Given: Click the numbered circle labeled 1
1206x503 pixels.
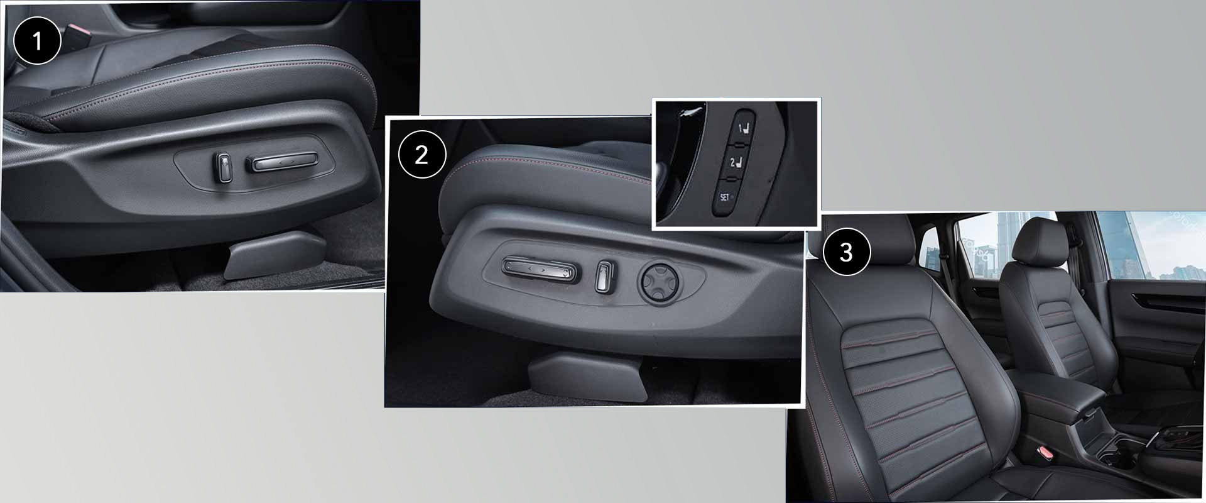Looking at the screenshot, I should tap(37, 41).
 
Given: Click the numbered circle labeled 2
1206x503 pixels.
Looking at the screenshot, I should tap(421, 155).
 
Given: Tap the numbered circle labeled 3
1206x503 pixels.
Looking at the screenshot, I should tap(845, 253).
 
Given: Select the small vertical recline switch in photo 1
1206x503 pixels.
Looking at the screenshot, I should tap(224, 168).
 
